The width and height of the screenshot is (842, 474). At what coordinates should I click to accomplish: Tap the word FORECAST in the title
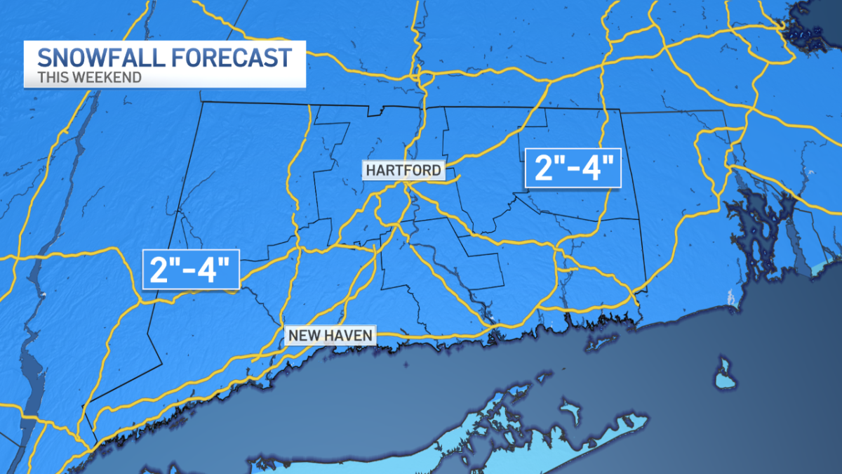(234, 56)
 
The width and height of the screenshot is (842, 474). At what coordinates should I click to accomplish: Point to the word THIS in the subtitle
(51, 77)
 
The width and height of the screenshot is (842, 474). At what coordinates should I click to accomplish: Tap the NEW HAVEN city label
(330, 336)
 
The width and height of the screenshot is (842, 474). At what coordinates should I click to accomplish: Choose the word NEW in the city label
(304, 336)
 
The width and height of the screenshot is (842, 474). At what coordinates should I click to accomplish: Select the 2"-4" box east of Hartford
(573, 169)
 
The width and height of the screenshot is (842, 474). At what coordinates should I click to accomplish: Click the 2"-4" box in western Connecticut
(191, 269)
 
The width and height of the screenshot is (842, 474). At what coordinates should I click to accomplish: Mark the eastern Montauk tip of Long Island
(642, 421)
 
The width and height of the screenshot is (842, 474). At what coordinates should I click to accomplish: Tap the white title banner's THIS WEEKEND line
(89, 77)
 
